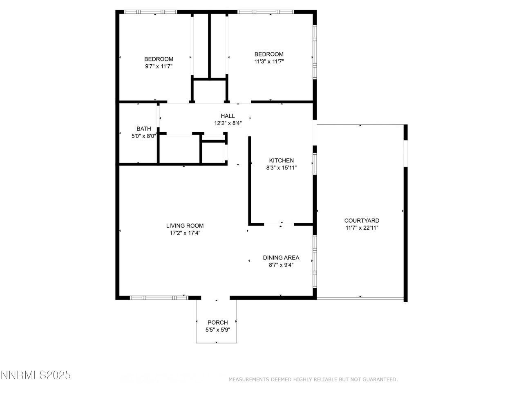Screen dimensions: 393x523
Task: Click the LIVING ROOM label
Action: pos(185,226)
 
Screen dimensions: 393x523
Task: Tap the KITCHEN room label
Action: pos(281,160)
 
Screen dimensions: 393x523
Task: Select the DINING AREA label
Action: pos(281,257)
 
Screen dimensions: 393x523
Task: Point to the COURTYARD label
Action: pos(362,221)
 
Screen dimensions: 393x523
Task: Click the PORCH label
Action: pos(217,323)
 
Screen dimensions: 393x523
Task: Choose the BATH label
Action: pos(143,129)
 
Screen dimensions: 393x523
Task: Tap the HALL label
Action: pos(228,116)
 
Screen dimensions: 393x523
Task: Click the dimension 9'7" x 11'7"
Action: pos(159,66)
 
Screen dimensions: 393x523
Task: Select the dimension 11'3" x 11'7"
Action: pos(269,61)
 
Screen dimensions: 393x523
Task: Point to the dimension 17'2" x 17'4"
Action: pos(185,233)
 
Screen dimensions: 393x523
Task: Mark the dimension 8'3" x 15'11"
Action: pos(282,167)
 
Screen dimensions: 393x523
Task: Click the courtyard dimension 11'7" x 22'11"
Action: pos(362,228)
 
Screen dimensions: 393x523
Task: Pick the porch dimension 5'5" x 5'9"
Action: pos(217,330)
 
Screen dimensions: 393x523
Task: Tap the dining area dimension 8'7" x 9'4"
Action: pos(281,265)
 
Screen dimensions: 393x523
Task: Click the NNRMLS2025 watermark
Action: pos(36,375)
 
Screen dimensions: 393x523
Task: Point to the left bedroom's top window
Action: pos(150,12)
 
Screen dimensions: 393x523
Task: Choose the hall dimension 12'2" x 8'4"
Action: pos(228,123)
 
